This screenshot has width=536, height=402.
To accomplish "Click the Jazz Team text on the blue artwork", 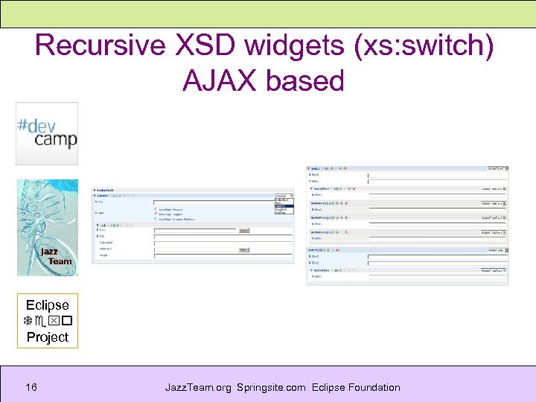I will click(57, 256).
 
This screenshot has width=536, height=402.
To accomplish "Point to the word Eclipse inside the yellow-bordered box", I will click(47, 304).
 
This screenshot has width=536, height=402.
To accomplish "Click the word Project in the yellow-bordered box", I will click(47, 337).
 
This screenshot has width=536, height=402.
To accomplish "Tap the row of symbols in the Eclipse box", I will click(47, 321).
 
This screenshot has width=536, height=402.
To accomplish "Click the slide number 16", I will click(31, 387).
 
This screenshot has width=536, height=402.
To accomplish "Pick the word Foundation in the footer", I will click(374, 387).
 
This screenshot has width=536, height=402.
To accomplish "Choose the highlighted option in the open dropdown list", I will click(284, 206).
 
